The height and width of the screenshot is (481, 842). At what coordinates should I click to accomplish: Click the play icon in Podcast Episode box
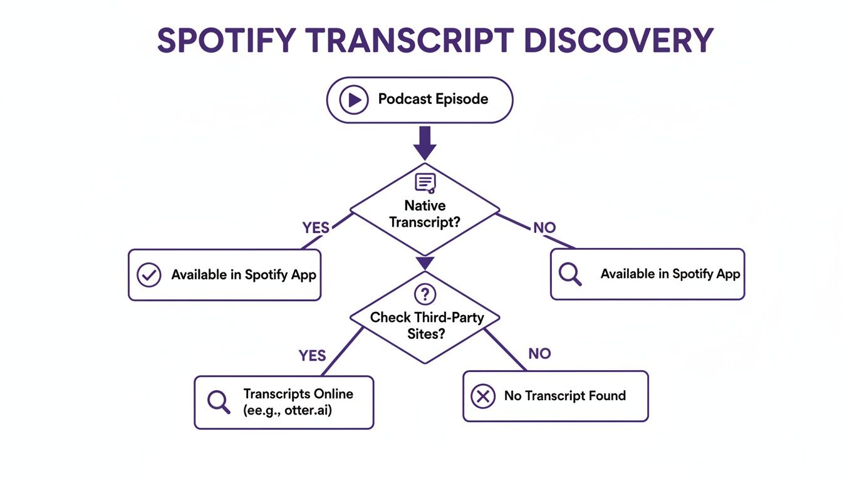tap(354, 100)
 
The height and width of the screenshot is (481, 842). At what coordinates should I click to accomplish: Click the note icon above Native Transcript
tap(425, 182)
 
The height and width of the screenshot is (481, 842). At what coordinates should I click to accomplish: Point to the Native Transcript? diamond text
tap(425, 214)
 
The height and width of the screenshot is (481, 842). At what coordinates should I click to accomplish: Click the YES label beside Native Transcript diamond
tap(316, 228)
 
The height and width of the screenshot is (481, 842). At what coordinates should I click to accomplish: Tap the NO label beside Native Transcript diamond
tap(544, 228)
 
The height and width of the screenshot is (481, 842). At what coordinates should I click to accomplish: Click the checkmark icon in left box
tap(148, 275)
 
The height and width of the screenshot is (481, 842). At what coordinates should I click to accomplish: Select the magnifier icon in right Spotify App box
tap(569, 275)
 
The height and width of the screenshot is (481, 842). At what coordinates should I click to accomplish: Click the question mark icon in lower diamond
tap(425, 294)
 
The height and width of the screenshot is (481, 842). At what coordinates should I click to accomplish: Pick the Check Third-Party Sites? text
tap(427, 326)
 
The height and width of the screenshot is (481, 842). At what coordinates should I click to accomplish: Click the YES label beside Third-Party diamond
tap(312, 356)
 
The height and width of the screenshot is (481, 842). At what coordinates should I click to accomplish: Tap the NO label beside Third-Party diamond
tap(539, 354)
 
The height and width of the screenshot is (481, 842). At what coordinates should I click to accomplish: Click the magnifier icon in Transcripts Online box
tap(218, 402)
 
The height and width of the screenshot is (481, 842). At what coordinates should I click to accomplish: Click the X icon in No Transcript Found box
tap(482, 396)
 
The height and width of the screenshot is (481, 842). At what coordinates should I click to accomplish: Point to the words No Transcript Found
tap(564, 396)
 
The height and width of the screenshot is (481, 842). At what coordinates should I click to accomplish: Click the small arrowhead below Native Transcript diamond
tap(425, 263)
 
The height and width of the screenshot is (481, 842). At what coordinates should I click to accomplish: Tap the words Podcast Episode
tap(433, 99)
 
